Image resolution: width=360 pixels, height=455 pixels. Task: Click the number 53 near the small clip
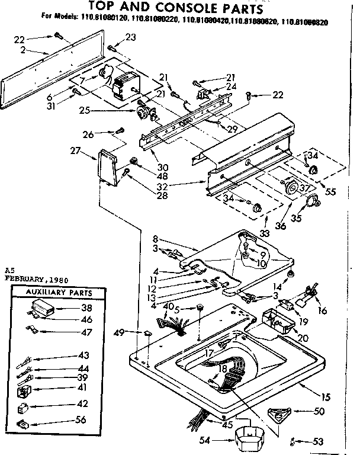point(319,441)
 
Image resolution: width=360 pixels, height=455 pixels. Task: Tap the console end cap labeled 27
point(107,167)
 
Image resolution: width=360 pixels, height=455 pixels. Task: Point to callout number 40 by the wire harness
point(168,306)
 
